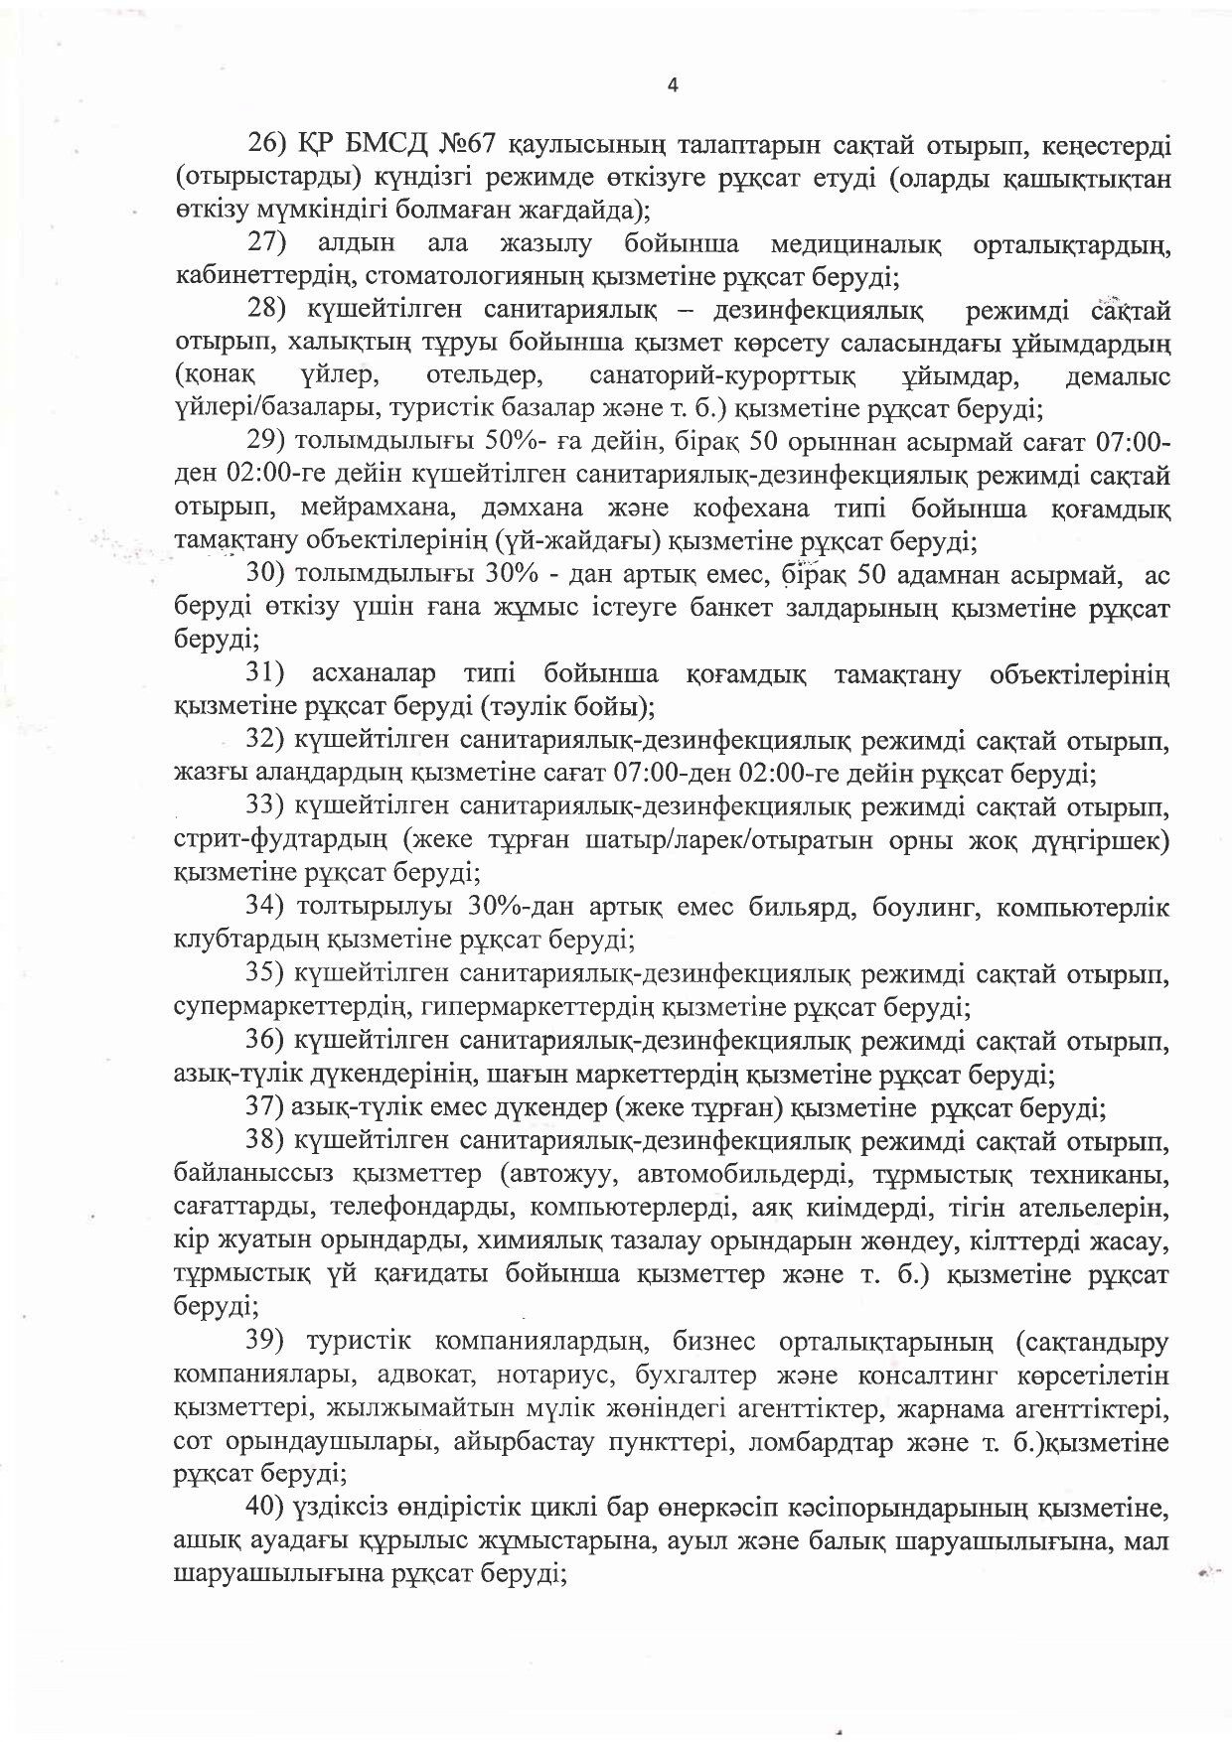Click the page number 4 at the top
click(673, 85)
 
